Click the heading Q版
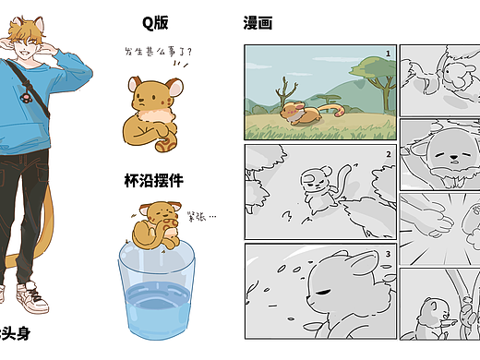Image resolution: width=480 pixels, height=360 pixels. [x=155, y=23]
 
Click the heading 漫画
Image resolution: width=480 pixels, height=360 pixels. [x=258, y=23]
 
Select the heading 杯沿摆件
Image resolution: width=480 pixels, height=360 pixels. [x=154, y=180]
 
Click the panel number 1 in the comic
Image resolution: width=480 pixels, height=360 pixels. [x=389, y=54]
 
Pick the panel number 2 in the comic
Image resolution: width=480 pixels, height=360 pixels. [x=389, y=154]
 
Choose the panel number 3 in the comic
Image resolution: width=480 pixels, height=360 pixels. [x=389, y=254]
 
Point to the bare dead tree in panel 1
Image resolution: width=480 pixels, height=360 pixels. [x=287, y=93]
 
